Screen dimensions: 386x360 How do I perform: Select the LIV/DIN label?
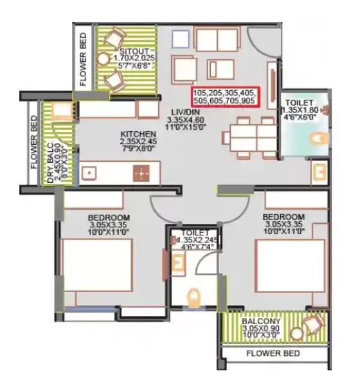click(183, 112)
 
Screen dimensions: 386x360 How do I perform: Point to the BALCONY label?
click(260, 320)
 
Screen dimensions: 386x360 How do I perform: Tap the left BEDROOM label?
click(109, 217)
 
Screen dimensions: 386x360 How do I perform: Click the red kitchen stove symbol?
click(141, 172)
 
